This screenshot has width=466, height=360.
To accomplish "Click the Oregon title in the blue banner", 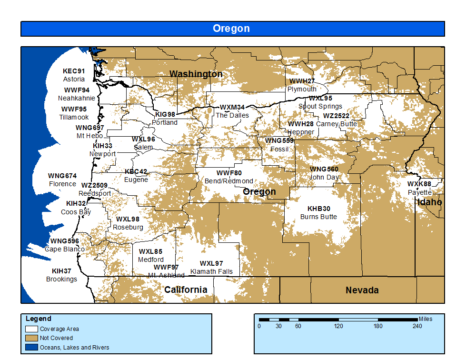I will point(231,29).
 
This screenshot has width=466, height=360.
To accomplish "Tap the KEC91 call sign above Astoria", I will point(74,71).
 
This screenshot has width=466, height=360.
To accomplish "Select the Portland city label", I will point(165,122).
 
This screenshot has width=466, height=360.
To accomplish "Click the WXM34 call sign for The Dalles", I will point(232,107).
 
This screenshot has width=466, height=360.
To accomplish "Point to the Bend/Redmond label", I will point(229,181).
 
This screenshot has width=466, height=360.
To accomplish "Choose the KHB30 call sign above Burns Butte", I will point(318,209).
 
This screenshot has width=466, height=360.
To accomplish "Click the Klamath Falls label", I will point(211,271).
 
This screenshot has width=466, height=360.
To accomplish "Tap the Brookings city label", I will point(61,279).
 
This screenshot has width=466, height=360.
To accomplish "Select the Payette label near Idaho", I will point(419,192).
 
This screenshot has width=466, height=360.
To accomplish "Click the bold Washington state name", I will point(196,74).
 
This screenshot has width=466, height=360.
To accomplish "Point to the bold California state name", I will point(186,290).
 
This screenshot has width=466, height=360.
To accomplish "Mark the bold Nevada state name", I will point(362,290).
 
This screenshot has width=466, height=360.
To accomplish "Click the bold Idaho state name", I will point(429,202).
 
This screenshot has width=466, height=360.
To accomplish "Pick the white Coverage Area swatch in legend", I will point(31,329).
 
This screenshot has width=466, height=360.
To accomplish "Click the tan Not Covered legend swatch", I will point(31,338).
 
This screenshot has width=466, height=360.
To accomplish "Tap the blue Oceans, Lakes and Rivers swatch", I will point(31,347).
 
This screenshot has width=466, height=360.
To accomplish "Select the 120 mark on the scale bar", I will point(338,326).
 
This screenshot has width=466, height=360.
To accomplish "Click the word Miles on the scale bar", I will point(426,319).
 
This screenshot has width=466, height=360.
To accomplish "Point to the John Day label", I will point(324,177).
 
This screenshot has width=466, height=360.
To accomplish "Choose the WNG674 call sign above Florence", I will point(62,176).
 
